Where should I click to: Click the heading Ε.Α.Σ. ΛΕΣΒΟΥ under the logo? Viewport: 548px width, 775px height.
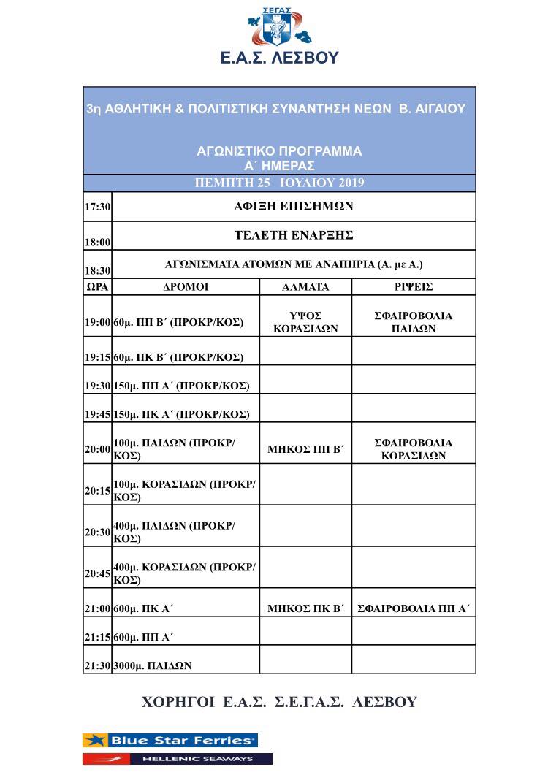click(280, 58)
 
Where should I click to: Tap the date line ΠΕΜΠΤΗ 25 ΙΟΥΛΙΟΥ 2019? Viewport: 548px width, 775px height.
click(280, 183)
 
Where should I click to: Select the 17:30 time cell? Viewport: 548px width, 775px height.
click(98, 207)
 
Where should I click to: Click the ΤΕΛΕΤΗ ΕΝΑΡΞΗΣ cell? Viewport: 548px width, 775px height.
click(294, 235)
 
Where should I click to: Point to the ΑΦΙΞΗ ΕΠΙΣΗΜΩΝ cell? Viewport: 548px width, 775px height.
click(294, 207)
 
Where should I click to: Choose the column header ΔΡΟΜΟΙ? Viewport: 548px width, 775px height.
click(186, 287)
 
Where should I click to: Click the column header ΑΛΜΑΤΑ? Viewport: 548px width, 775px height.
click(305, 287)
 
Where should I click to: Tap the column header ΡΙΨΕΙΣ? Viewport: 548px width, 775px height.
click(414, 287)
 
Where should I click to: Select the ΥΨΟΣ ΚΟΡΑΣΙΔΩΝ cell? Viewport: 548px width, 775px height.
click(305, 322)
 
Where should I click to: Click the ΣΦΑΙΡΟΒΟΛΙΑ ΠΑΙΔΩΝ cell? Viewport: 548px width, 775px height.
click(414, 322)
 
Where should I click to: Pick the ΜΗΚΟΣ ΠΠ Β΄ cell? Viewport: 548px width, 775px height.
click(305, 449)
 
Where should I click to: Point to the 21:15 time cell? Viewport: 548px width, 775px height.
click(97, 637)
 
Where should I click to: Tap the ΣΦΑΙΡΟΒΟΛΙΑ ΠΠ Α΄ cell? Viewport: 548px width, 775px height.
click(414, 608)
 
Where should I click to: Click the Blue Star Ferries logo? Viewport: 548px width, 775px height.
click(170, 741)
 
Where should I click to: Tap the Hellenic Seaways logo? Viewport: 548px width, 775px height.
click(178, 759)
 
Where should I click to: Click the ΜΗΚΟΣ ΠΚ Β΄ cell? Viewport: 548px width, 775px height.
click(305, 608)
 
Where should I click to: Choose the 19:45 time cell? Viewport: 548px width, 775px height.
click(97, 414)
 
